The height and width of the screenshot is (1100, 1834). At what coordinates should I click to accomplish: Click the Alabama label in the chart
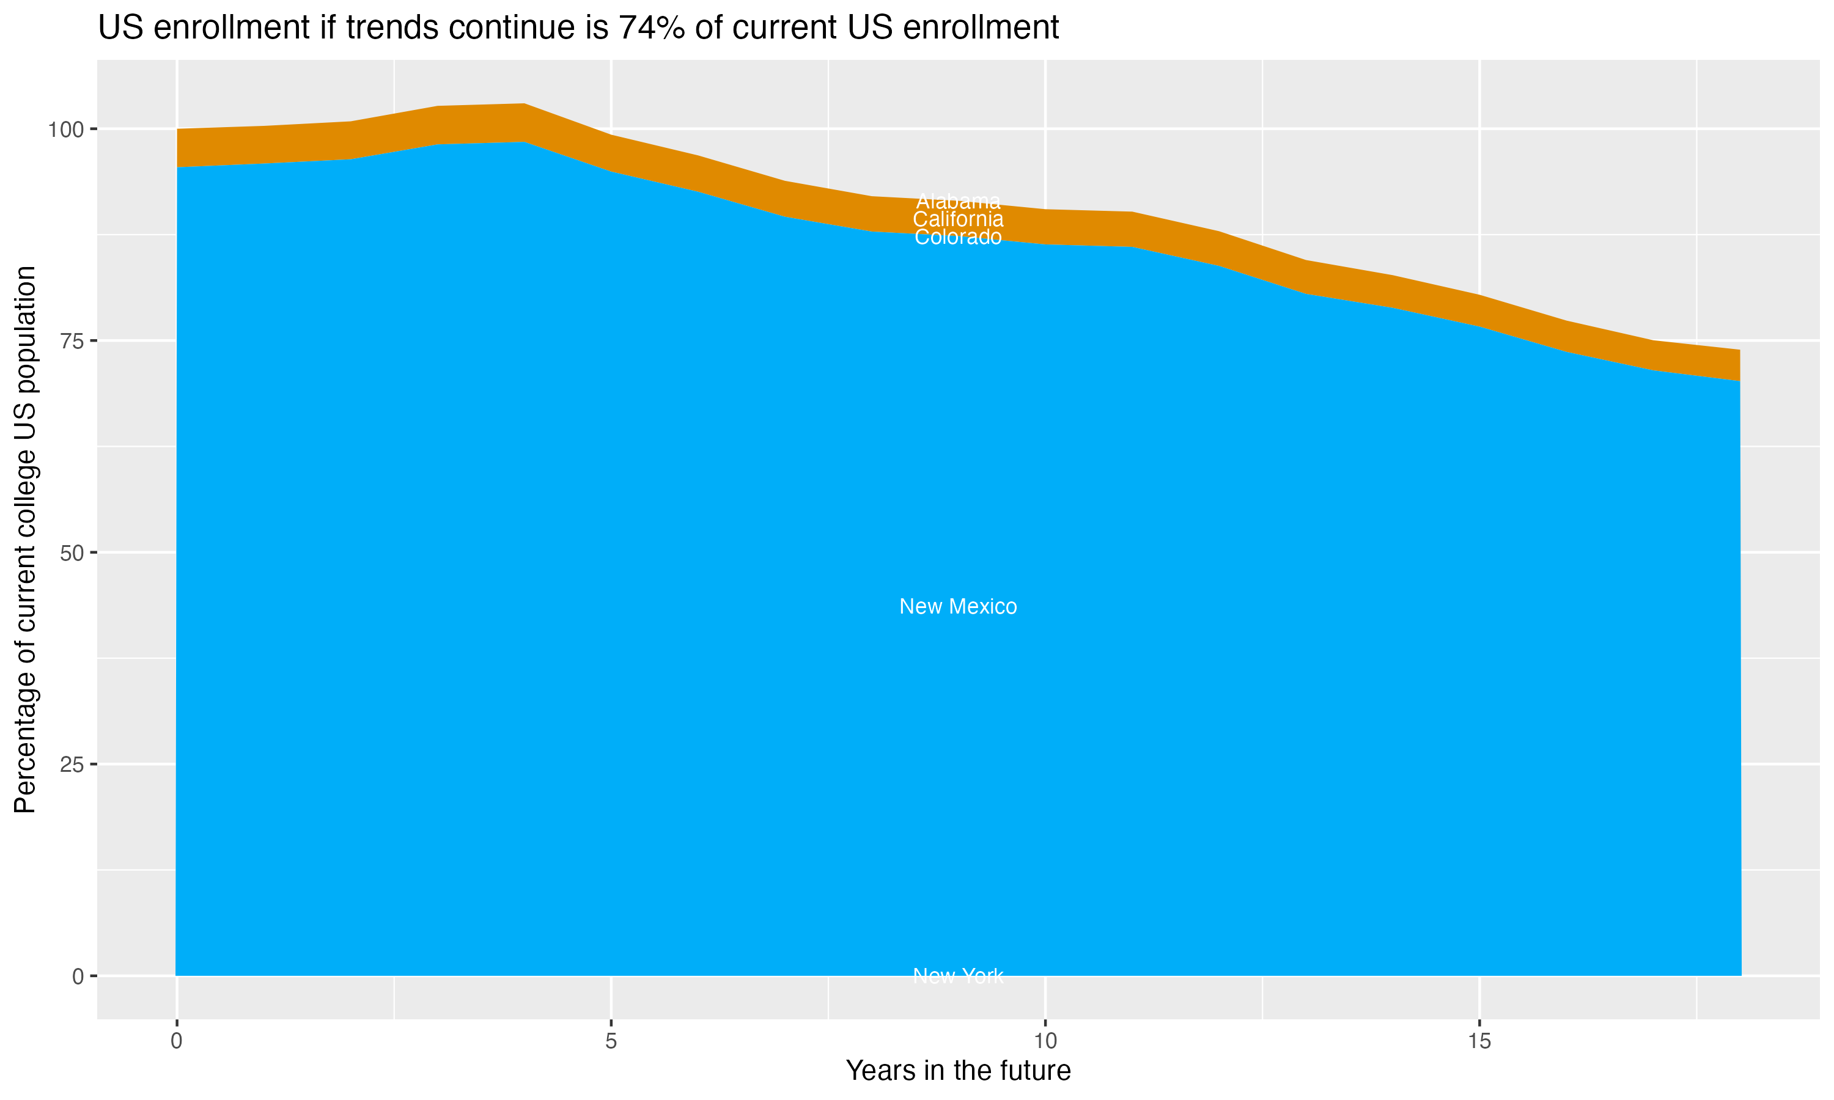[x=958, y=202]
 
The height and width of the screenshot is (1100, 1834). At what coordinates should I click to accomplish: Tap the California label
[x=958, y=219]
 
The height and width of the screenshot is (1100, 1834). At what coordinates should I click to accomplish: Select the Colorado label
[x=958, y=237]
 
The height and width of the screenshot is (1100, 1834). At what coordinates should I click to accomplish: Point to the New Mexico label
[x=958, y=606]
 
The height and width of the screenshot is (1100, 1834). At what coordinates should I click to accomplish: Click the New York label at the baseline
[x=958, y=975]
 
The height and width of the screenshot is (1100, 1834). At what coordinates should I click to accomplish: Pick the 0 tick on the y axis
[x=77, y=976]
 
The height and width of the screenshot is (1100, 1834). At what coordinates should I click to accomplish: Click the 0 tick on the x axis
[x=177, y=1041]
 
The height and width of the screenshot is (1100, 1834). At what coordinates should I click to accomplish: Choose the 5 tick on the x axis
[x=611, y=1041]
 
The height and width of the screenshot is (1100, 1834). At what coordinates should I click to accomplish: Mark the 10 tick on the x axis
[x=1045, y=1041]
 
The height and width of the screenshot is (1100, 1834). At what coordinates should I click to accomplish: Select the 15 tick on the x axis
[x=1479, y=1041]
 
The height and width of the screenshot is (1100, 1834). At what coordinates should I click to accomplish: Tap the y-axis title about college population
[x=25, y=539]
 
